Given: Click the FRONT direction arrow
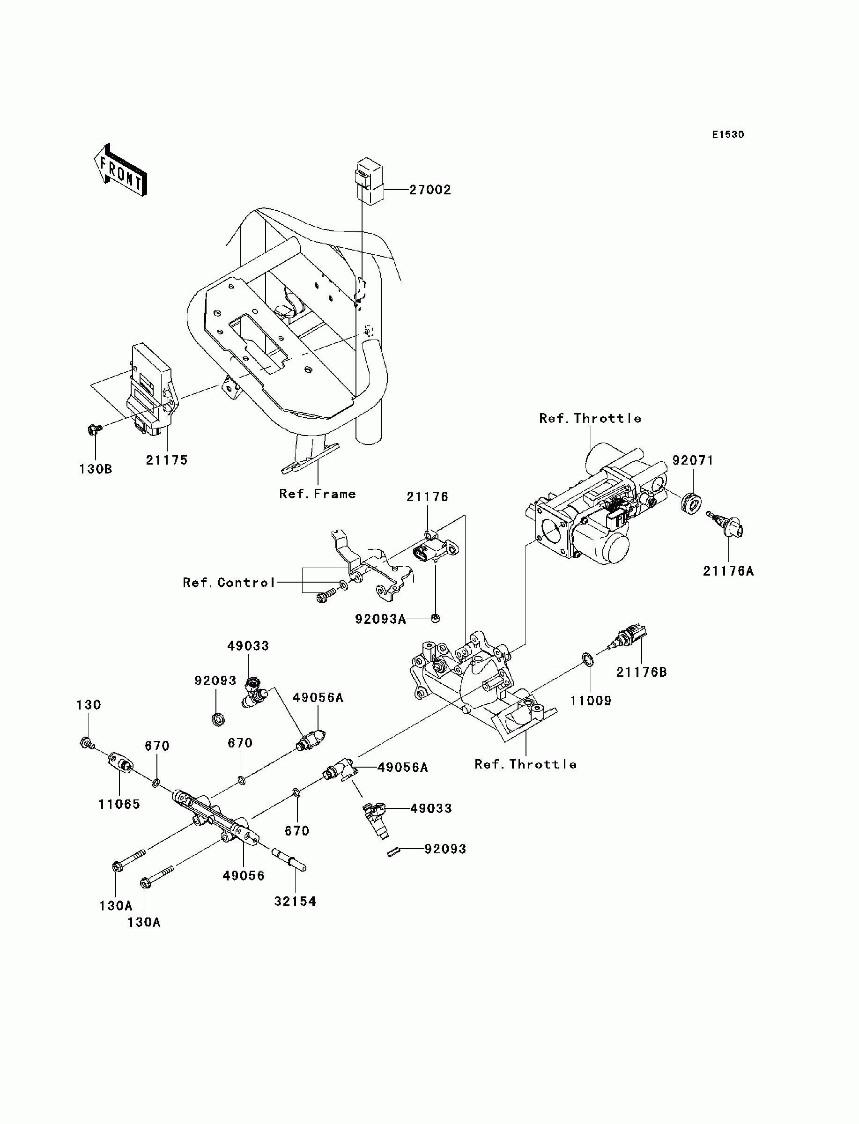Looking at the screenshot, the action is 121,170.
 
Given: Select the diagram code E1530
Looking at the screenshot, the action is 728,135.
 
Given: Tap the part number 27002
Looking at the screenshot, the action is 430,190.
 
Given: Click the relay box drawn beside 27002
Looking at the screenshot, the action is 369,181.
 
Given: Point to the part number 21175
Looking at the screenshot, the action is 167,460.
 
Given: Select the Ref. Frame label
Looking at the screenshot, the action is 318,494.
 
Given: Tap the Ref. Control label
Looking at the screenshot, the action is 229,583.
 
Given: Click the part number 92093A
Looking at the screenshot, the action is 380,620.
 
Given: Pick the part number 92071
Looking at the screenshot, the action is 693,460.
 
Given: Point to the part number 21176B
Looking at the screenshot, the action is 641,672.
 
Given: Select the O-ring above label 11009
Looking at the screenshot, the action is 588,659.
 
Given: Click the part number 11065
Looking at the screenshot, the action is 119,805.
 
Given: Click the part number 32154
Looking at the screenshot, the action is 295,902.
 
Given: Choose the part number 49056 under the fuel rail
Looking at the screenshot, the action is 244,876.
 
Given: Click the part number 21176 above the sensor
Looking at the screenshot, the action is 428,497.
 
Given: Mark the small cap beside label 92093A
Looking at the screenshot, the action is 435,620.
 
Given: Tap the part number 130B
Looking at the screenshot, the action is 96,469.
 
